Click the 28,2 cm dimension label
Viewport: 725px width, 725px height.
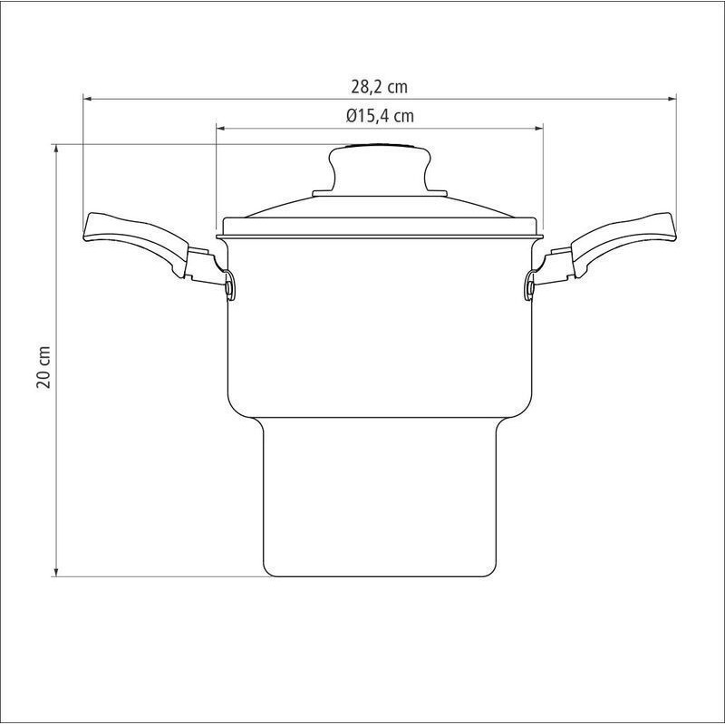(x=379, y=87)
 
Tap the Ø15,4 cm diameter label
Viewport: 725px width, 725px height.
(x=380, y=116)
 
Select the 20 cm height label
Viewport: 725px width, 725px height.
(x=43, y=367)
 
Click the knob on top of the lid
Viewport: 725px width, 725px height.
(x=380, y=168)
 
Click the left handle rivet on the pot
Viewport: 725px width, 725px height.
(x=230, y=287)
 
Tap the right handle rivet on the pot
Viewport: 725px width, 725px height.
(x=530, y=287)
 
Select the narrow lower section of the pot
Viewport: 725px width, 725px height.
(x=380, y=497)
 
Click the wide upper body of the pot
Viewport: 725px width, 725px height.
(x=380, y=328)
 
